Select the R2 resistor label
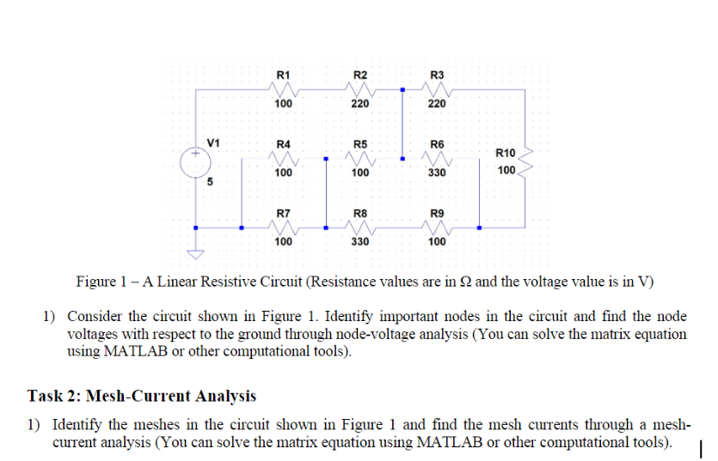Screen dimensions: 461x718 click(360, 74)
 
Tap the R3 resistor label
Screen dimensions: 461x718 click(437, 74)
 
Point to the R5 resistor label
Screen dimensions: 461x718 click(360, 143)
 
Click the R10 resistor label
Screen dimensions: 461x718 click(506, 153)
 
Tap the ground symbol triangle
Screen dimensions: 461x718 click(196, 254)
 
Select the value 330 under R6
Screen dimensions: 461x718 click(437, 173)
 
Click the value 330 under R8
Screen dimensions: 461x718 click(360, 242)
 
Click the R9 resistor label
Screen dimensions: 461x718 click(437, 212)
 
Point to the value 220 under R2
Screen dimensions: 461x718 click(360, 104)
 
